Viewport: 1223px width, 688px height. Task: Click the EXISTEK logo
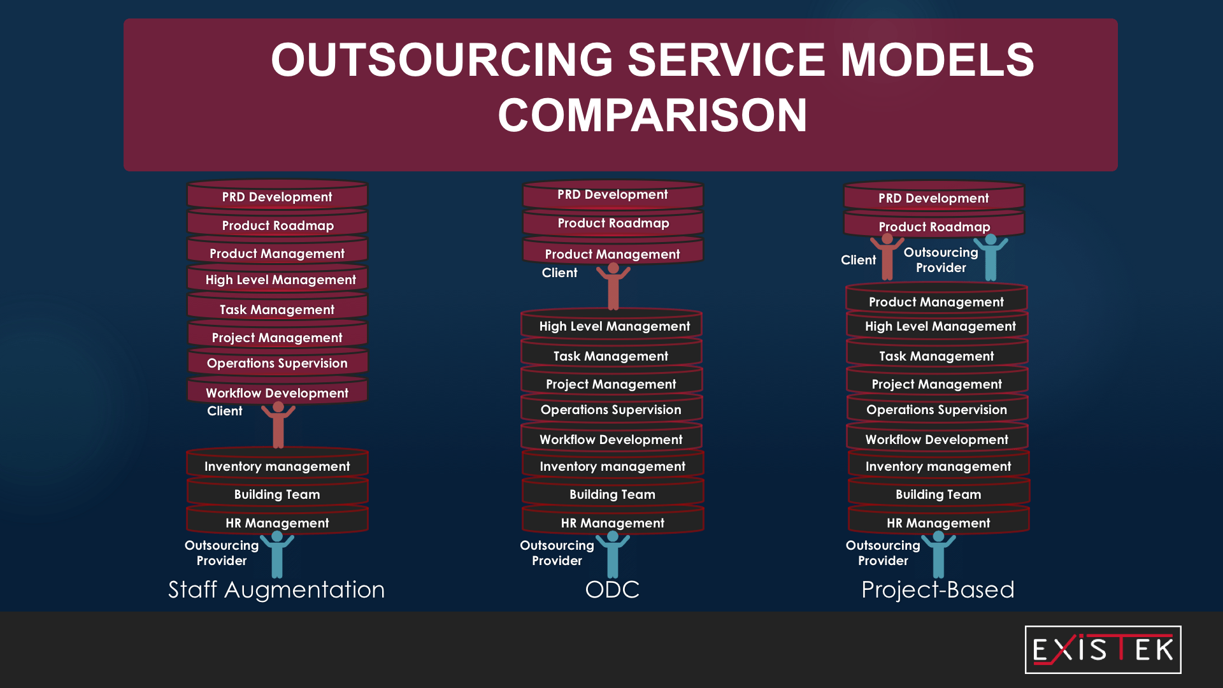pyautogui.click(x=1103, y=650)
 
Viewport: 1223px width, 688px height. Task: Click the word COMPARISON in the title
pyautogui.click(x=652, y=115)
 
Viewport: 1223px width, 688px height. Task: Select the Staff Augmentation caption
pyautogui.click(x=276, y=590)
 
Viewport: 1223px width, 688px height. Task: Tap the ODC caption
pyautogui.click(x=612, y=590)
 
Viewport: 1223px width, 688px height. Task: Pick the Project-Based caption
pyautogui.click(x=938, y=590)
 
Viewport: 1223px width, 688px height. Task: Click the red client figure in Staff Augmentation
pyautogui.click(x=278, y=425)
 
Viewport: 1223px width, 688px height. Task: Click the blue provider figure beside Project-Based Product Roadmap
pyautogui.click(x=991, y=257)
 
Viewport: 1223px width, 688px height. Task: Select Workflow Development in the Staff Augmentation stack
pyautogui.click(x=277, y=392)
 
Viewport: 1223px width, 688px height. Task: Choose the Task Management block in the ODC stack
pyautogui.click(x=611, y=355)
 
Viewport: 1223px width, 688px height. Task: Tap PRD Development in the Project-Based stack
pyautogui.click(x=934, y=197)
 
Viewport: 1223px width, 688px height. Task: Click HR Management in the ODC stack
pyautogui.click(x=613, y=522)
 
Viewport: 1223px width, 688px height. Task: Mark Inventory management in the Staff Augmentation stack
pyautogui.click(x=277, y=466)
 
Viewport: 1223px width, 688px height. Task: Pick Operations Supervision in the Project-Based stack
pyautogui.click(x=937, y=410)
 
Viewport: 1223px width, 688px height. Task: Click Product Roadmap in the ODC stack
pyautogui.click(x=613, y=223)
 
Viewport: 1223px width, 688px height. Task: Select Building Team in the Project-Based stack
pyautogui.click(x=938, y=494)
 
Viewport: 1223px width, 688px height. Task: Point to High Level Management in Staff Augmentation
pyautogui.click(x=280, y=280)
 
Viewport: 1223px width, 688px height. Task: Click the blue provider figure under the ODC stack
pyautogui.click(x=613, y=554)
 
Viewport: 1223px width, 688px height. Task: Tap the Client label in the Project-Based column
pyautogui.click(x=858, y=260)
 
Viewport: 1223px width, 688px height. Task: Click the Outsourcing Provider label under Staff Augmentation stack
pyautogui.click(x=222, y=553)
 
